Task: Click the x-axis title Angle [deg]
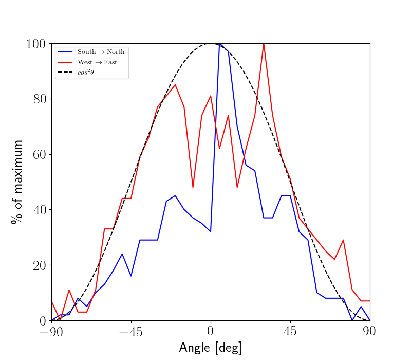210,348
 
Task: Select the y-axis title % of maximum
17,182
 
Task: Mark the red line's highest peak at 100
264,44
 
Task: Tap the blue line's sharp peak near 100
220,44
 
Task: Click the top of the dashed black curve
211,43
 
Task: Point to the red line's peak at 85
175,85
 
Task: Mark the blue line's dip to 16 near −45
131,276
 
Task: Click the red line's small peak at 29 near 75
343,240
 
